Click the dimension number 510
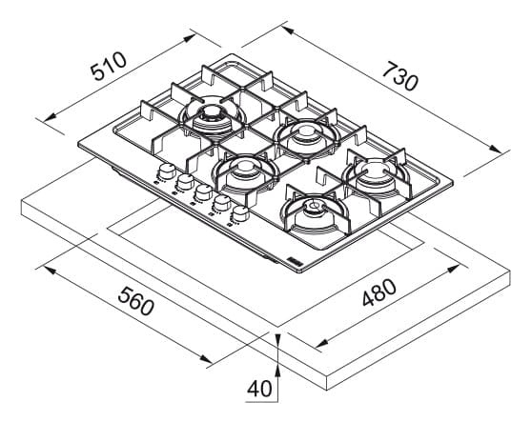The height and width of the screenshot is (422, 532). tap(109, 66)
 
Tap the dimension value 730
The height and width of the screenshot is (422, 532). tap(399, 76)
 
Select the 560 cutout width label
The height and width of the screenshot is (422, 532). tap(136, 301)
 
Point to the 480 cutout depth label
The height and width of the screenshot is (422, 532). tap(379, 292)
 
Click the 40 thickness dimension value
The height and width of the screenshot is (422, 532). tap(259, 389)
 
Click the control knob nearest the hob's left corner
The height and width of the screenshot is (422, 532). tap(167, 171)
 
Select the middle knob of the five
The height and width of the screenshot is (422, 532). tap(204, 192)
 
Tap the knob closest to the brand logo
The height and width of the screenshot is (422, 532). tap(240, 213)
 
